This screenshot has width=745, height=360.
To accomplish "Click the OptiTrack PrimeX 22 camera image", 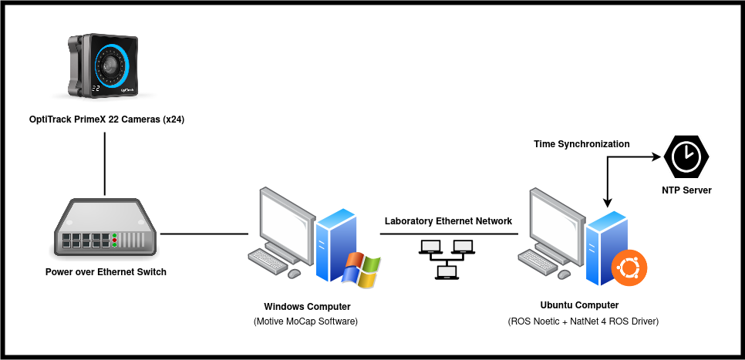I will [x=105, y=66].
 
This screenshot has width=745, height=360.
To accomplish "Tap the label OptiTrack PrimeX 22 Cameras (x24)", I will [x=103, y=119].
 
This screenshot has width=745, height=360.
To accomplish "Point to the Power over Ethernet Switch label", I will [x=106, y=271].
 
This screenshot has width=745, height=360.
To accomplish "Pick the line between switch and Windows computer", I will [x=204, y=233].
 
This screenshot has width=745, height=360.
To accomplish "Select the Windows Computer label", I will [x=307, y=306].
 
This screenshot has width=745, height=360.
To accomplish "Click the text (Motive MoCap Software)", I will [x=307, y=321].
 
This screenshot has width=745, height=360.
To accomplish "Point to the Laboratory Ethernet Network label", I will [x=448, y=221].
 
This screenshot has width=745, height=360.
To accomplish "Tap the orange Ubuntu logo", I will [x=629, y=269].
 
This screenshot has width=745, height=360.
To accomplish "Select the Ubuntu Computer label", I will [x=580, y=305].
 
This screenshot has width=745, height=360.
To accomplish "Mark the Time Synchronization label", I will [x=582, y=144].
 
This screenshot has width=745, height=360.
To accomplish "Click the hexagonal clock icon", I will [x=686, y=157].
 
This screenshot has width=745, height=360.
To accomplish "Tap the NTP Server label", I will [x=686, y=190].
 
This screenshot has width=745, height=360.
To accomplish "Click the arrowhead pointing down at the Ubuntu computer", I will [x=608, y=201].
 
